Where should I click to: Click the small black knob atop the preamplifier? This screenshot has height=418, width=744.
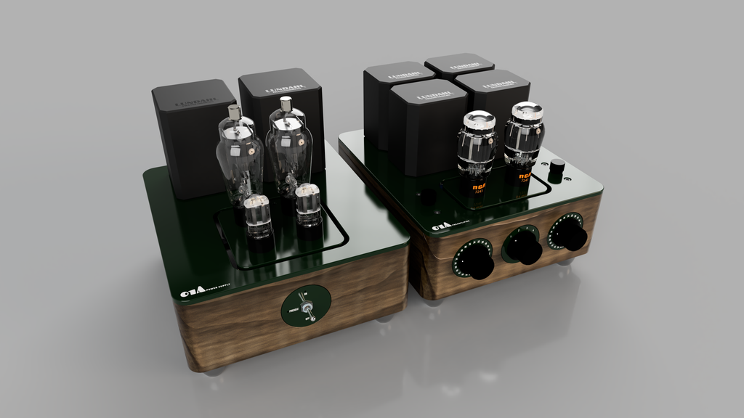click(557, 166)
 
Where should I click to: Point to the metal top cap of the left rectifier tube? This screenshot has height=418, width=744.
click(234, 112)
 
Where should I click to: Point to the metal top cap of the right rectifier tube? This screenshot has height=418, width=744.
click(286, 104)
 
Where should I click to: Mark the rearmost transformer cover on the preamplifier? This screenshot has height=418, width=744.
click(459, 65)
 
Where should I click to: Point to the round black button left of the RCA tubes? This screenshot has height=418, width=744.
click(429, 196)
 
